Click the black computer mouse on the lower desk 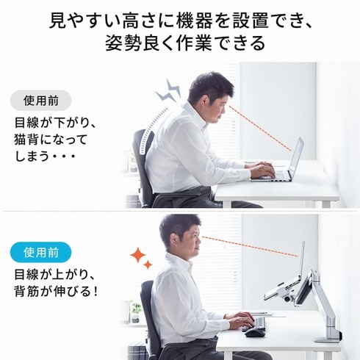pyautogui.click(x=253, y=333)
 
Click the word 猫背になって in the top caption pyautogui.click(x=51, y=139)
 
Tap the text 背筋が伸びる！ pyautogui.click(x=56, y=291)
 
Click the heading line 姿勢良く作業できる pyautogui.click(x=180, y=43)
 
